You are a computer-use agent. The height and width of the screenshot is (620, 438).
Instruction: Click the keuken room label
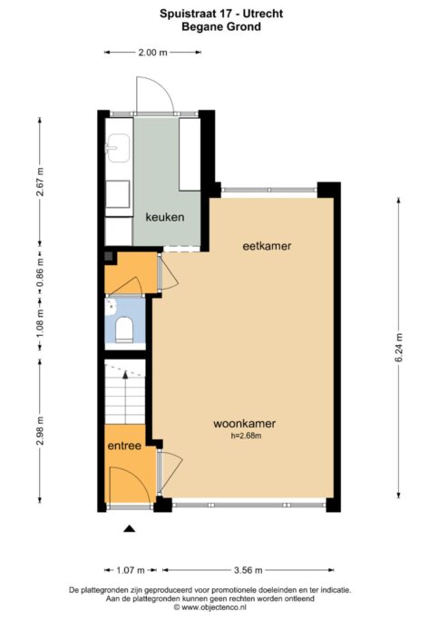tap(165, 217)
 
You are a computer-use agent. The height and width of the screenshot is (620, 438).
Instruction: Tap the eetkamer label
tap(267, 246)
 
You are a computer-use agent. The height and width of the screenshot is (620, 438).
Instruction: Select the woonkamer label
tap(245, 424)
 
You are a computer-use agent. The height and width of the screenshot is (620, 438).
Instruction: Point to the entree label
tap(124, 446)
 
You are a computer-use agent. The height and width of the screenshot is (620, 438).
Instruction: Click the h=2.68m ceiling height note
tap(247, 436)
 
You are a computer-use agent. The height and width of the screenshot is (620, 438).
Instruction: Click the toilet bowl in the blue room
tap(124, 329)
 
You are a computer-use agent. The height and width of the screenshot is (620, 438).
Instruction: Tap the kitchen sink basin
tap(119, 148)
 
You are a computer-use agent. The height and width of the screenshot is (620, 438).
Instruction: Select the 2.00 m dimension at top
tap(153, 52)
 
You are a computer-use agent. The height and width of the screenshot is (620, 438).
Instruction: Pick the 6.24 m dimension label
tap(399, 348)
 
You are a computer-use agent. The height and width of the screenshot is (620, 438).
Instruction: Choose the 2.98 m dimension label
tap(40, 430)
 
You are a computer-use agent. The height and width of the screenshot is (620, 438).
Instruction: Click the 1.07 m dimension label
tap(131, 570)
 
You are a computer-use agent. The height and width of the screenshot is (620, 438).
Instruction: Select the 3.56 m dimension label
tap(248, 570)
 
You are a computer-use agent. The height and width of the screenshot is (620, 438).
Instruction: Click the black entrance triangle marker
tap(129, 528)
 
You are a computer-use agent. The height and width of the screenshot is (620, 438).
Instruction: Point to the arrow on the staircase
tap(125, 398)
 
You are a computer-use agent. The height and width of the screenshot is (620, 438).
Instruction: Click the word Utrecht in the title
tap(263, 14)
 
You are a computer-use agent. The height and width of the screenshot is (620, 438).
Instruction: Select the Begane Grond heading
tap(221, 27)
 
